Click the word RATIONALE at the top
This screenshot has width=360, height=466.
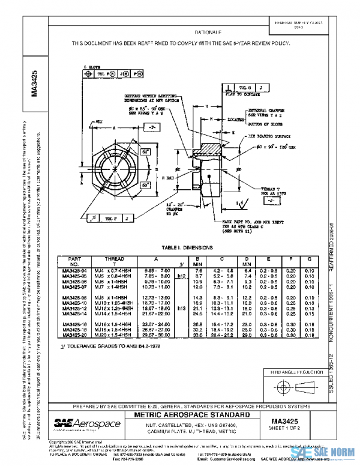208,32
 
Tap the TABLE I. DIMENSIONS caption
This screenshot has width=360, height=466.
180,248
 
